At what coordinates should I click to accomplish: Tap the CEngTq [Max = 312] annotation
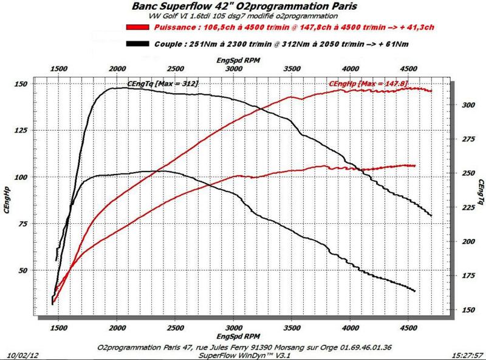(x=162, y=83)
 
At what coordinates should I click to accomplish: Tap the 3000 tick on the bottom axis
(x=234, y=328)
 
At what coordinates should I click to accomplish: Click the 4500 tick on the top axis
(x=409, y=69)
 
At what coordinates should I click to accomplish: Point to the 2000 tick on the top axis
(x=117, y=69)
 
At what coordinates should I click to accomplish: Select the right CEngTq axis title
(x=480, y=192)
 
